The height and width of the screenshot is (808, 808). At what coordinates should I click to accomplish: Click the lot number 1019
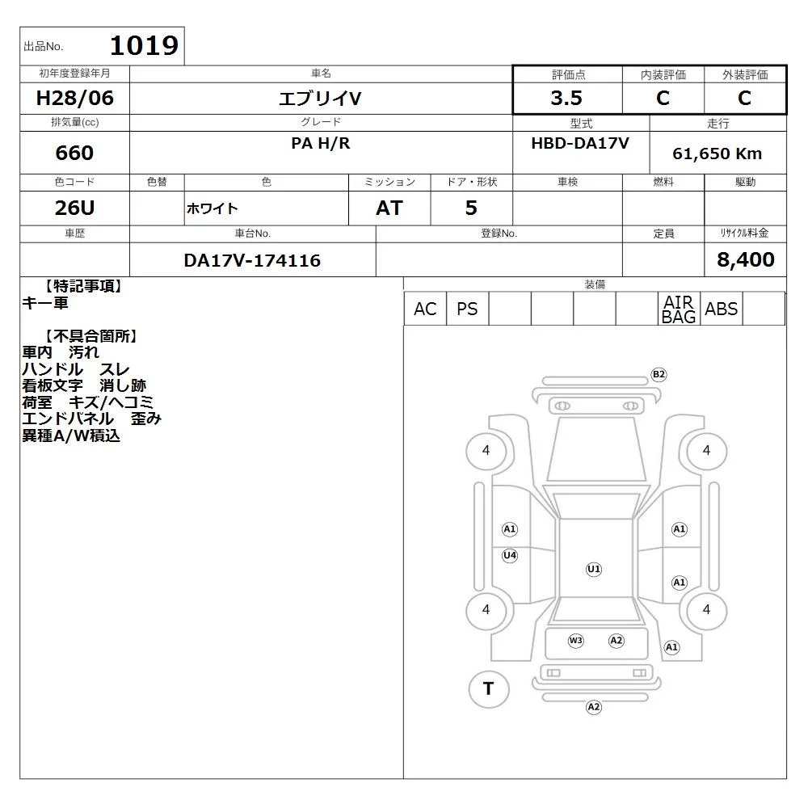tap(144, 46)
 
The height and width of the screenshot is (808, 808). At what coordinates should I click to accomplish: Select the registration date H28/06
tap(74, 98)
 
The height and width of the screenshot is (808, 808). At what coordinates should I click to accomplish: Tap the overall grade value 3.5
tap(566, 98)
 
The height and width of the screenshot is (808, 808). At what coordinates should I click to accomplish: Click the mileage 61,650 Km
tap(717, 154)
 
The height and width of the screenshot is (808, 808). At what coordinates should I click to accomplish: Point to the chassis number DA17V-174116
tap(252, 260)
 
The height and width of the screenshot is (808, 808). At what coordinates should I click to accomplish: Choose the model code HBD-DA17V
tap(580, 143)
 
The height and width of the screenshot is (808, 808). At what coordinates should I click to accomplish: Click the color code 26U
tap(74, 208)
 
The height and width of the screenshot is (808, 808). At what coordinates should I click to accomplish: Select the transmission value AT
tap(389, 208)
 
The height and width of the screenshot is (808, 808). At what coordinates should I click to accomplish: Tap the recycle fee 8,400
tap(746, 259)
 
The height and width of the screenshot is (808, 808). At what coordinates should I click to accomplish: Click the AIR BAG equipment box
tap(680, 309)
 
